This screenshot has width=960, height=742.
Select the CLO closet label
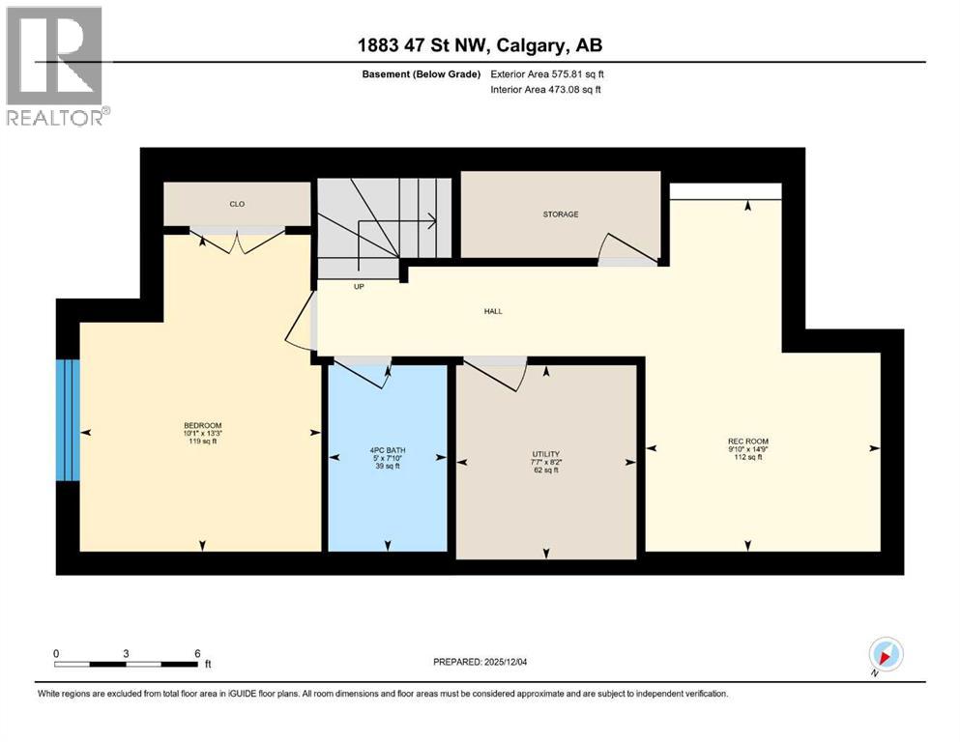click(x=236, y=204)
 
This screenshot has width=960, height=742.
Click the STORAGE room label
click(x=561, y=214)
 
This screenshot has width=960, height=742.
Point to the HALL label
click(x=493, y=311)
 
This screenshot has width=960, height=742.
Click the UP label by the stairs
click(x=358, y=287)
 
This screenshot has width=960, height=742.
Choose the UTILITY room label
click(x=545, y=454)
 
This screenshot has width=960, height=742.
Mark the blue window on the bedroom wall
click(x=67, y=419)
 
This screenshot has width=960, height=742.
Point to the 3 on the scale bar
click(x=127, y=653)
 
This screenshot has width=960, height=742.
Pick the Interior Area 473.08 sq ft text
click(x=546, y=90)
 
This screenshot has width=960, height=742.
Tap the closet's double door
click(x=238, y=238)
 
